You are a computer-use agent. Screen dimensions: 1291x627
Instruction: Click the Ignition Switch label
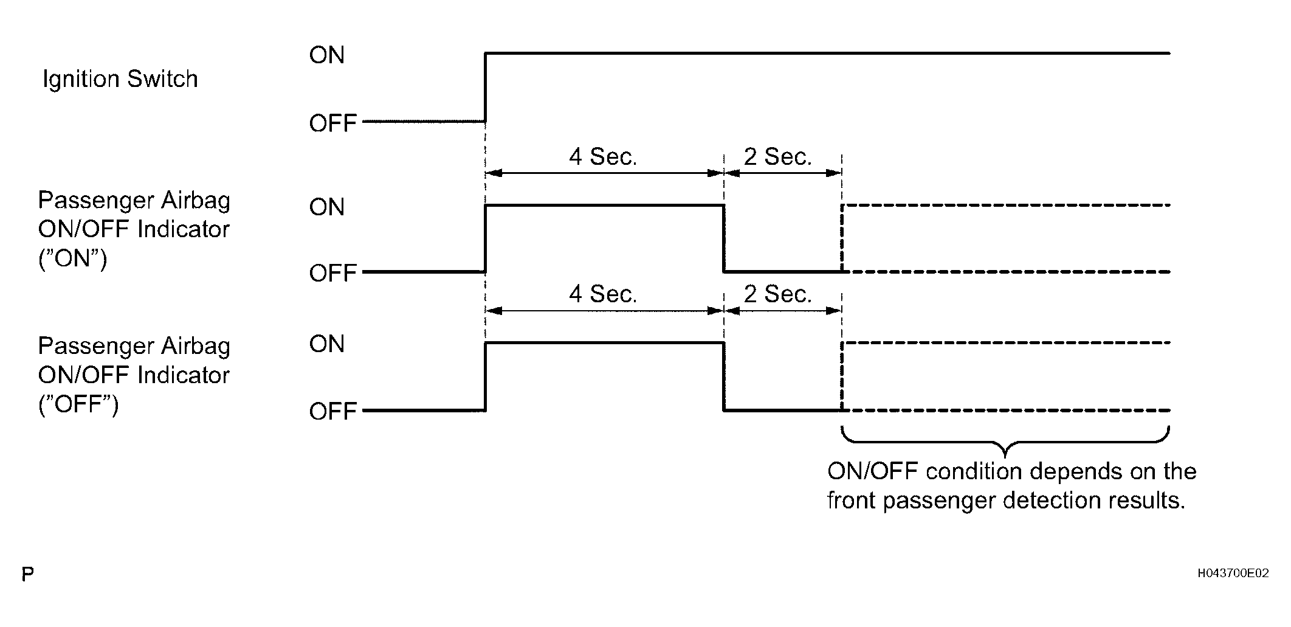coord(120,80)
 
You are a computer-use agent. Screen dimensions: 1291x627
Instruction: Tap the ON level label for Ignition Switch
coord(327,55)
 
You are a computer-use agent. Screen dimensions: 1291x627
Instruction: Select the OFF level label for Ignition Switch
coord(333,123)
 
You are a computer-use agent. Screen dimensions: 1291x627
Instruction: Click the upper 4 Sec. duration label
coord(603,157)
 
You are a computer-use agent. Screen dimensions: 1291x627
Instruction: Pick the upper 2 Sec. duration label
coord(778,157)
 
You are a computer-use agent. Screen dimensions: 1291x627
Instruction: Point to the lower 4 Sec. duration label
coord(603,294)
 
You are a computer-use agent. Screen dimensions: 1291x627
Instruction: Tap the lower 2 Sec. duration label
coord(778,294)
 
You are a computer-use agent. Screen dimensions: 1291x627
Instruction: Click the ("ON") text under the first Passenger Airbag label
coord(73,259)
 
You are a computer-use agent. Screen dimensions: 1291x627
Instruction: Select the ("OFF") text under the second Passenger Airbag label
coord(78,404)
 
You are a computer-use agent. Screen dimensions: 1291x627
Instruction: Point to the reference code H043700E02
coord(1233,573)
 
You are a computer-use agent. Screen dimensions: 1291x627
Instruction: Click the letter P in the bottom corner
coord(27,574)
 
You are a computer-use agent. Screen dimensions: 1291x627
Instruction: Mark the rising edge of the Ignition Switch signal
coord(485,88)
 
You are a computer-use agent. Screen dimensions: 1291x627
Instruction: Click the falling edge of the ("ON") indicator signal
coord(723,239)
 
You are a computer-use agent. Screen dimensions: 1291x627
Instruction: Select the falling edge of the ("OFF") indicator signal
coord(723,377)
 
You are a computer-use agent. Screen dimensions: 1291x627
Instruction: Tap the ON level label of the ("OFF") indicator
coord(327,344)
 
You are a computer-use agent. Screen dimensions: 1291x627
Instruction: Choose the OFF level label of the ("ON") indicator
coord(333,273)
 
